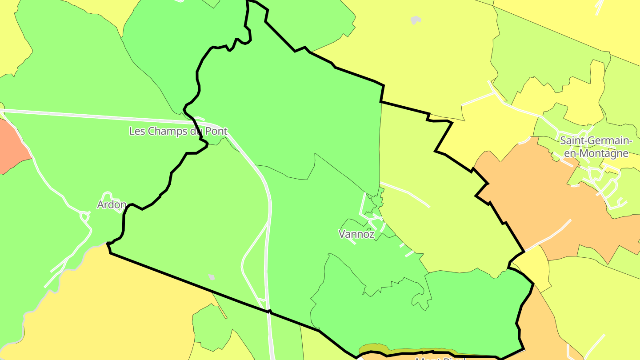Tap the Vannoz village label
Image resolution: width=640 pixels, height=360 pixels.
[x=356, y=234]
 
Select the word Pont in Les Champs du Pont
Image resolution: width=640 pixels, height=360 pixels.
[x=215, y=131]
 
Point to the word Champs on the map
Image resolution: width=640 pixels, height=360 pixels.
[x=165, y=131]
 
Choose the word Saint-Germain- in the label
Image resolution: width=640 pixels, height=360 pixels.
[x=596, y=141]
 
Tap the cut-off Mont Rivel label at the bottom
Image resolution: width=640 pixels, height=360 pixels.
[x=440, y=358]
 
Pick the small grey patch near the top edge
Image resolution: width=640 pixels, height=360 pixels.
[x=416, y=20]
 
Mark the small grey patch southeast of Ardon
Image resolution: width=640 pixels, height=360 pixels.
[x=212, y=277]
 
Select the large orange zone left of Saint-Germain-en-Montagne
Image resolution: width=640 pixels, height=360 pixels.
[x=533, y=200]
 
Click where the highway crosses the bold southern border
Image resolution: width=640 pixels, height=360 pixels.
[x=269, y=312]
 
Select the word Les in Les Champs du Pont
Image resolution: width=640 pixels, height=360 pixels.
[x=136, y=131]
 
